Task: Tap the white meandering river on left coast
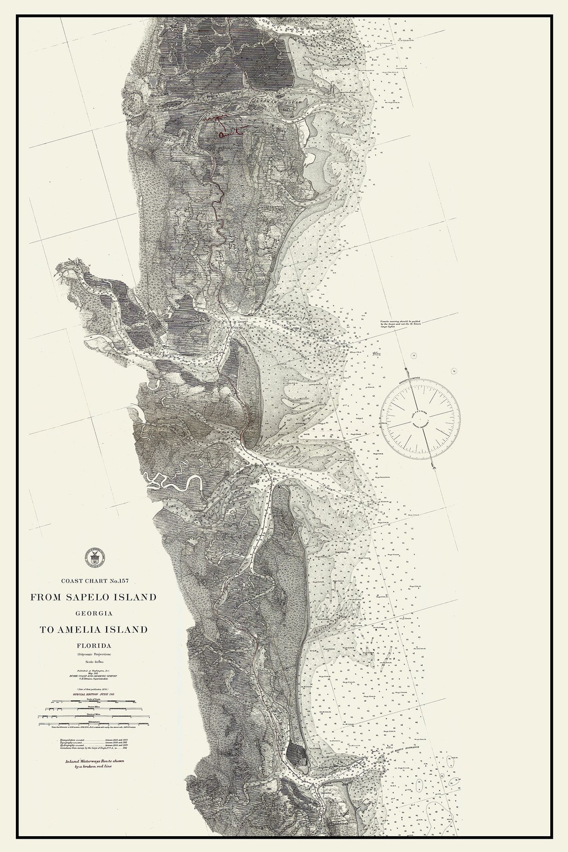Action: click(168, 485)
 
